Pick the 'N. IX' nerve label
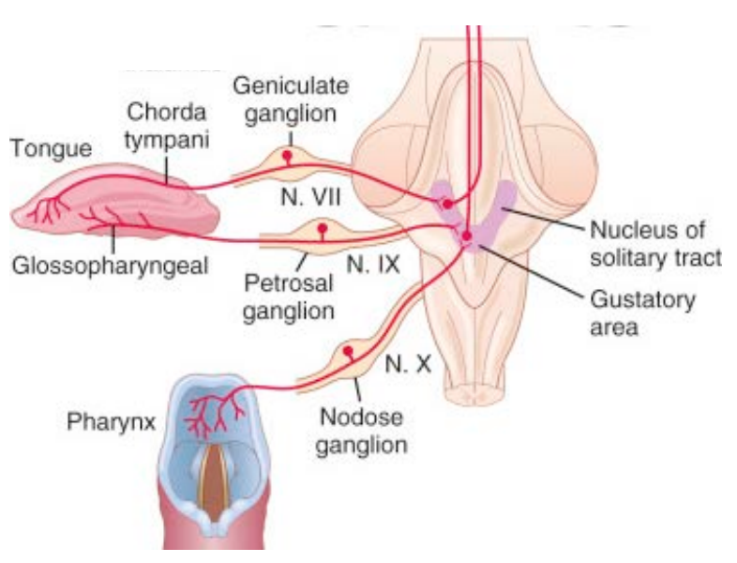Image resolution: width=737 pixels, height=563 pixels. click(373, 265)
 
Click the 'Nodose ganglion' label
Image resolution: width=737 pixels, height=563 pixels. click(361, 429)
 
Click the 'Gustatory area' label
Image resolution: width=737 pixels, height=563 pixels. click(642, 313)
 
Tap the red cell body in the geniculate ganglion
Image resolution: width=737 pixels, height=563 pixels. click(289, 153)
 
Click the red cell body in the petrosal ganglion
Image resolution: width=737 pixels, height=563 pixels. click(323, 228)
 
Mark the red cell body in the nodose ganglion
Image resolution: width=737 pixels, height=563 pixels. click(349, 352)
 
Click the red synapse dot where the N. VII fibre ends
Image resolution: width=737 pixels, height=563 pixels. click(447, 204)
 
